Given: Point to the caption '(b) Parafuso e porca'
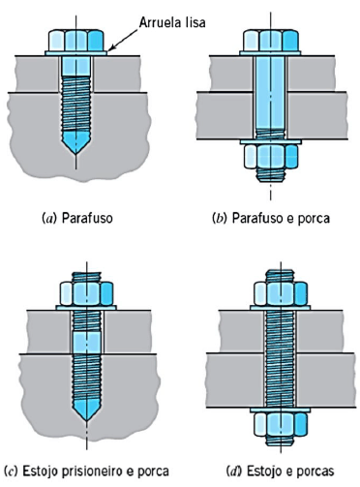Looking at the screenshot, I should coord(270,219).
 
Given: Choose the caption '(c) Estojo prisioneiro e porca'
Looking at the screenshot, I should coord(88,472).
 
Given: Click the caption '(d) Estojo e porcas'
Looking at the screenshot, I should coord(277,472).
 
